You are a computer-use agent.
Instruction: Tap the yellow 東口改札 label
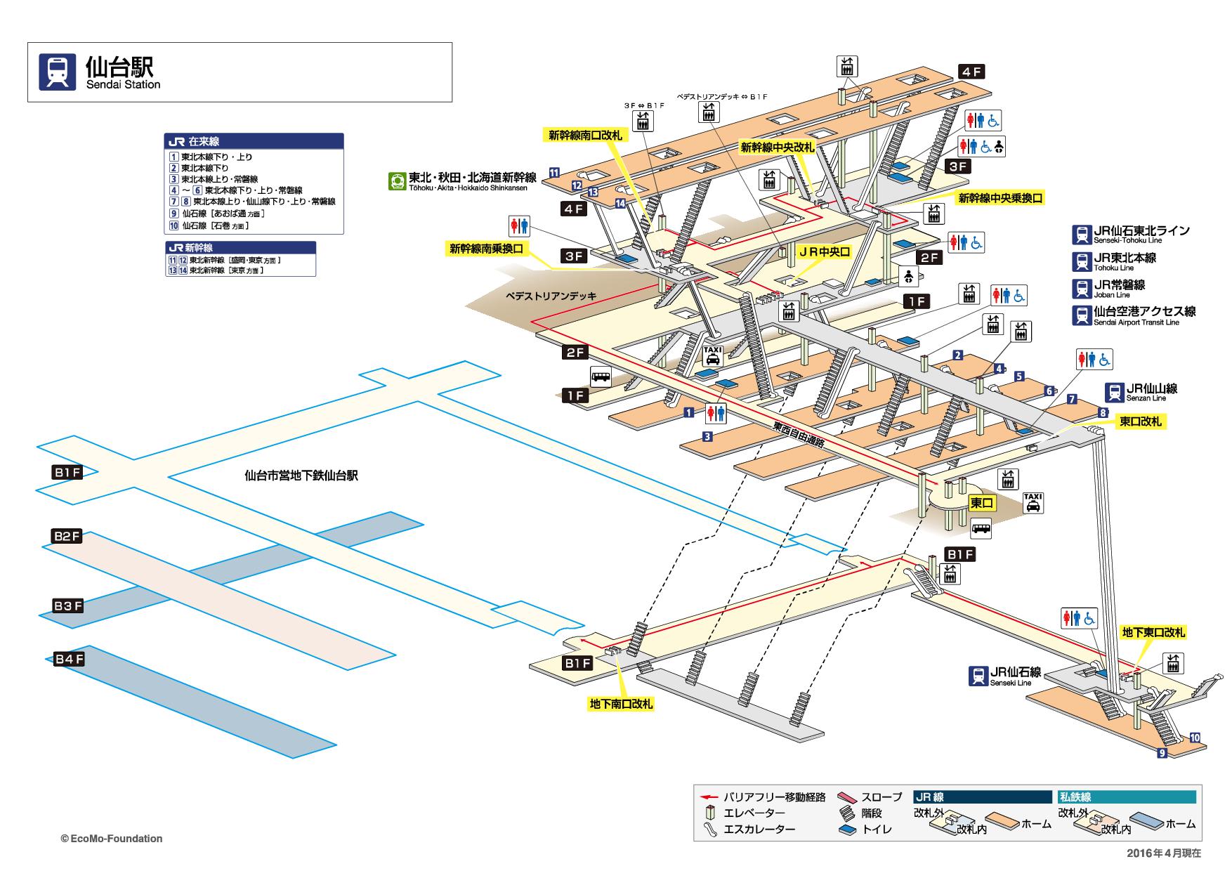(1141, 421)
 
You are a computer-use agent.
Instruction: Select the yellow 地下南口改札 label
(621, 704)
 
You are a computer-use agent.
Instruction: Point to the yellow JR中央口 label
(823, 251)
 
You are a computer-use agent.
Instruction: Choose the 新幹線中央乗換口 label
(1001, 199)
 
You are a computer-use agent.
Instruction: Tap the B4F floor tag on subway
(70, 659)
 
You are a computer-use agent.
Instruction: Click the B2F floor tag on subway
(67, 537)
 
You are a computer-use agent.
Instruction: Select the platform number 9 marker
(1162, 753)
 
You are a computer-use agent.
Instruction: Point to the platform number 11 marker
(554, 172)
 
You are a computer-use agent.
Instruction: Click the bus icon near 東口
(981, 528)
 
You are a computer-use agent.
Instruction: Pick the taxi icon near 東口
(1033, 503)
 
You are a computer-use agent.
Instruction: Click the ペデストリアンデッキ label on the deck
(551, 296)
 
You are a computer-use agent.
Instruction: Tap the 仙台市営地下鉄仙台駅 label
(301, 476)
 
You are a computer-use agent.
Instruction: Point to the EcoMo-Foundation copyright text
(112, 838)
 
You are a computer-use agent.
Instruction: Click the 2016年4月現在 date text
(1164, 853)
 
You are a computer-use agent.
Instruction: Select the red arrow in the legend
(710, 797)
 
